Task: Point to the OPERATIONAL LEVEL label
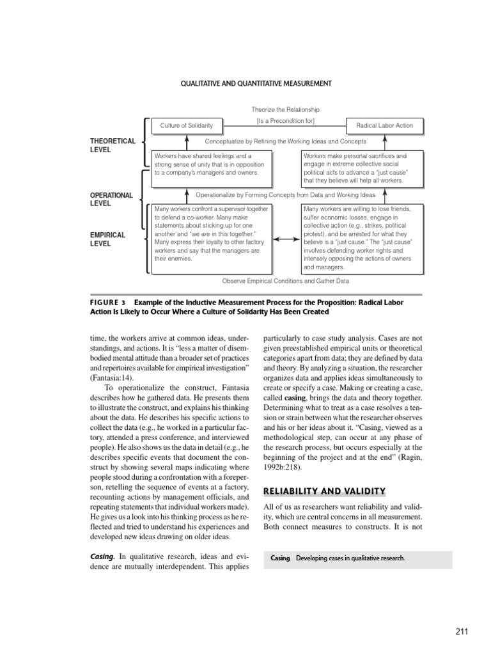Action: click(x=111, y=199)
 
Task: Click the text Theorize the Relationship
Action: click(x=285, y=110)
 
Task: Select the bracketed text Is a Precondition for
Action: click(x=285, y=121)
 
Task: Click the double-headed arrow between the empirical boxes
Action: click(x=286, y=239)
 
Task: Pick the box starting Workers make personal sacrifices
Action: click(x=362, y=168)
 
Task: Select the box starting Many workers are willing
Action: click(x=362, y=238)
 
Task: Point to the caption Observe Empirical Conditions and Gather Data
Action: click(x=285, y=281)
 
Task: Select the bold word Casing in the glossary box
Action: click(x=280, y=558)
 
